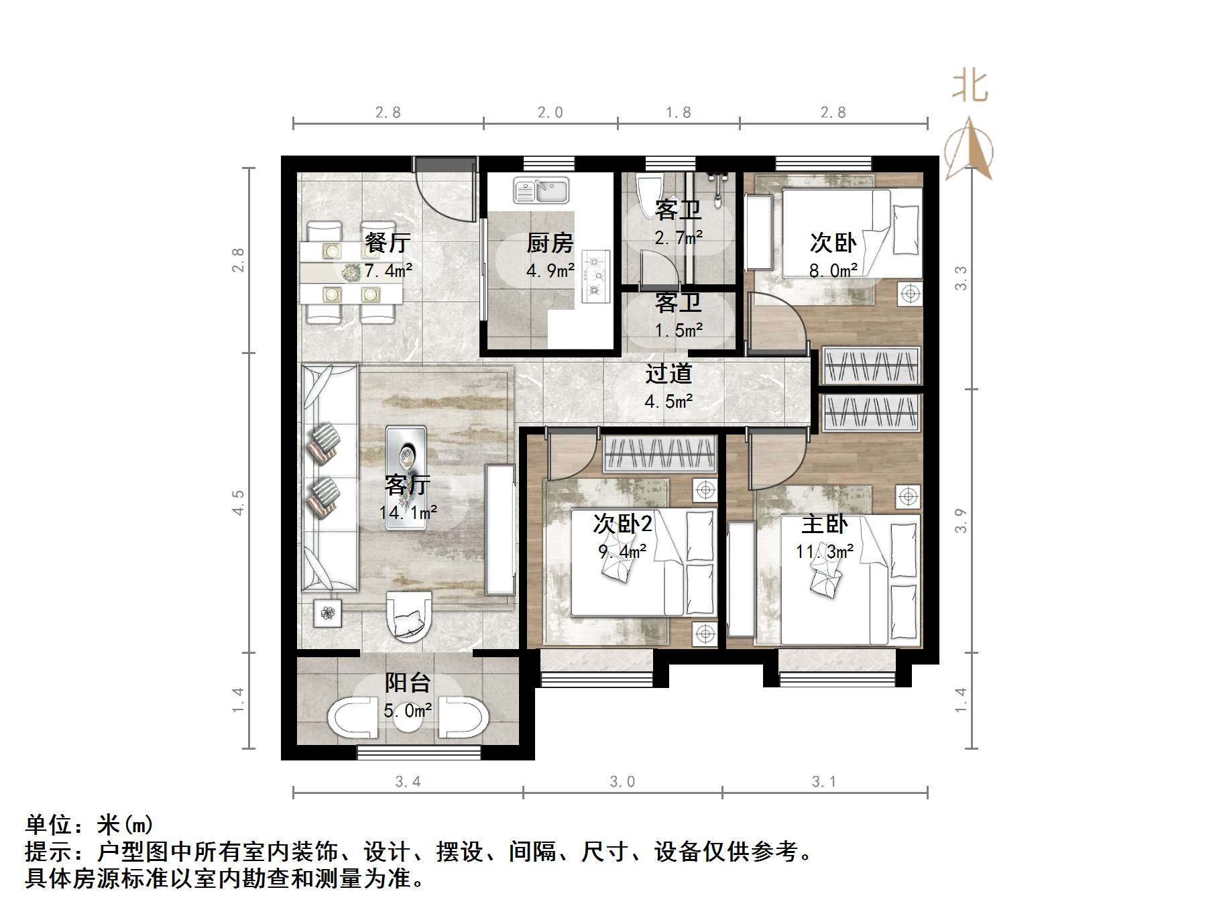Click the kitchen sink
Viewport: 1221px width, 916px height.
point(540,190)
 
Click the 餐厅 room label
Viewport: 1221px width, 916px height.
point(388,243)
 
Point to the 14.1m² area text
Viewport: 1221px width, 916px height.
point(408,513)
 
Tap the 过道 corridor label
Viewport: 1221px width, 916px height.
point(668,374)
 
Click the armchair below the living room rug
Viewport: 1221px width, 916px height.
point(408,616)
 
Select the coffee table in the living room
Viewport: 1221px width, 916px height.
point(406,477)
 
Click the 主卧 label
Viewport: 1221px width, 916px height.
point(825,524)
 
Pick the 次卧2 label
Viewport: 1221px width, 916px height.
point(622,524)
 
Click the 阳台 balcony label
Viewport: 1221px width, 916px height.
point(407,683)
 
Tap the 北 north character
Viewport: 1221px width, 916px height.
point(970,87)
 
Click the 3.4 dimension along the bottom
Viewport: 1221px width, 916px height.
point(408,781)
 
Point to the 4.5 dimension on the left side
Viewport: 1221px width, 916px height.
point(238,502)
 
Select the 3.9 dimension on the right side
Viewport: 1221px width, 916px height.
point(961,520)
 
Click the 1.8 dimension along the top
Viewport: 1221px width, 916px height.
point(678,112)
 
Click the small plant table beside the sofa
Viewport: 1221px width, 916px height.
point(328,612)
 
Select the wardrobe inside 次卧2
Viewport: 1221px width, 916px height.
point(660,454)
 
